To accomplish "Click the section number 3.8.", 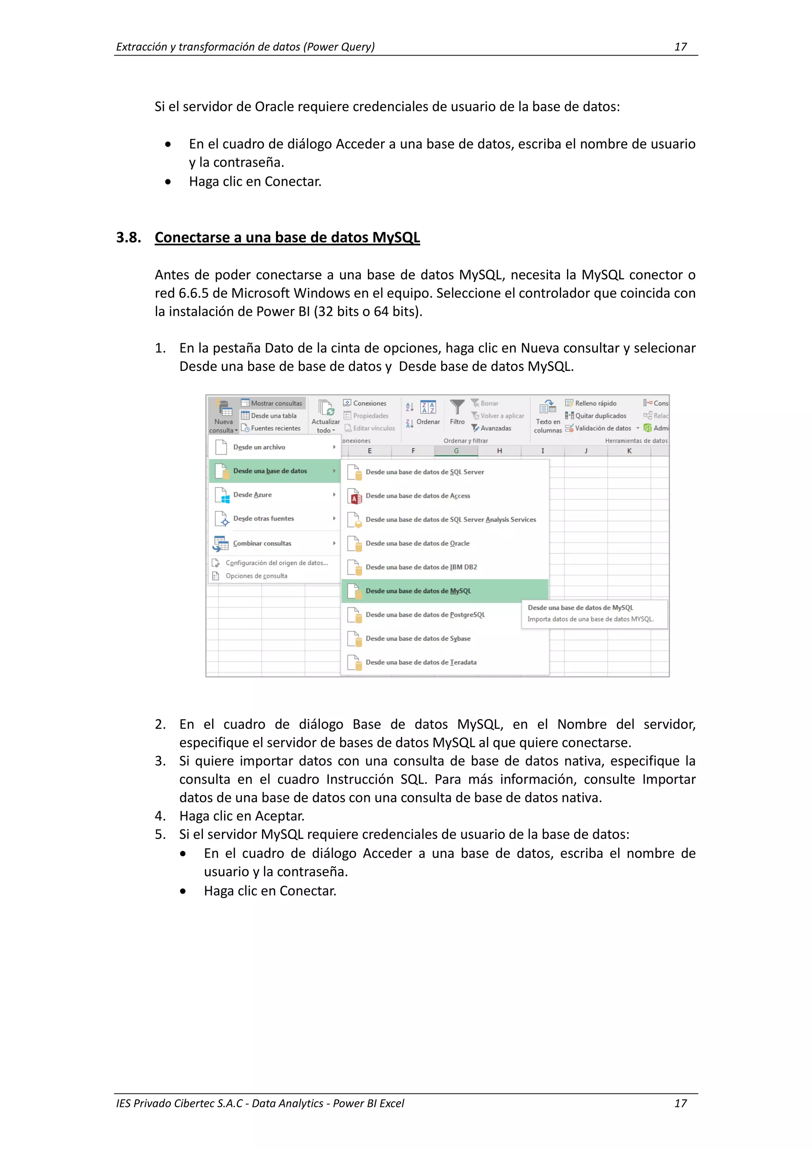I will [x=128, y=237].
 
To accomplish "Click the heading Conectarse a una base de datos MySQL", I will [x=287, y=237].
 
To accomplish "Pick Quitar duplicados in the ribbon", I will [x=600, y=416].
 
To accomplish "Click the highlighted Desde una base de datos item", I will [x=270, y=471].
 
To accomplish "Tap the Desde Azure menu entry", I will [x=253, y=495].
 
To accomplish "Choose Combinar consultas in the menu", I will [x=262, y=543].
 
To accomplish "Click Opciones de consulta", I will [x=256, y=576].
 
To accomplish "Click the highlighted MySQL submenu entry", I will [x=418, y=591].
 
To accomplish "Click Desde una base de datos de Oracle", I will [x=417, y=543].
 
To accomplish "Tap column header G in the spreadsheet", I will [x=456, y=451].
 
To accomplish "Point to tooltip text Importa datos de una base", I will [x=590, y=620].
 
